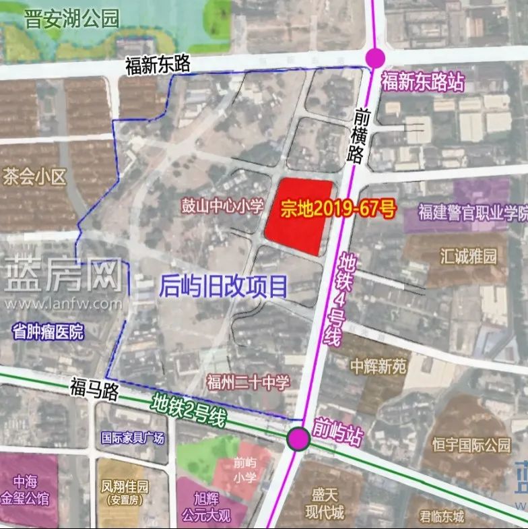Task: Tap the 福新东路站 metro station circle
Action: [x=374, y=58]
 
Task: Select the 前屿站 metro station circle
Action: [x=298, y=439]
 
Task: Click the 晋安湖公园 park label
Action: [x=71, y=18]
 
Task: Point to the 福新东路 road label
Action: [x=158, y=65]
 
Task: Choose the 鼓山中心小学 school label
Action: [x=222, y=206]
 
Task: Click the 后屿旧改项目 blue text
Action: [x=224, y=286]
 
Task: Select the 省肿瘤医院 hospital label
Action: [x=48, y=331]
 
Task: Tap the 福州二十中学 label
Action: [x=249, y=383]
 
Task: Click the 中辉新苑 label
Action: [x=378, y=366]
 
